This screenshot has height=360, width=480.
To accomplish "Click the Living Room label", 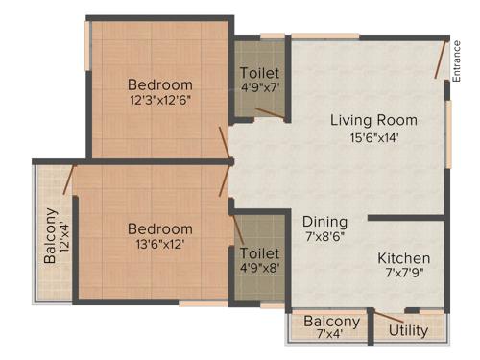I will click(x=373, y=120).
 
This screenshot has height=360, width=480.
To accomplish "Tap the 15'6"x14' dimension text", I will click(x=373, y=137).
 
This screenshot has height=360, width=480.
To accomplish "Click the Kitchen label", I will click(x=403, y=258).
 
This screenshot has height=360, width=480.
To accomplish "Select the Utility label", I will click(x=409, y=331).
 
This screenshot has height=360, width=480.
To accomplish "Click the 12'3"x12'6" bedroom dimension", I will click(x=160, y=100).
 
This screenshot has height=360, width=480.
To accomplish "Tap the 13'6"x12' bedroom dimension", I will click(x=160, y=245).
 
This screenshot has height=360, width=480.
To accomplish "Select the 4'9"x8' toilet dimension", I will click(x=259, y=271).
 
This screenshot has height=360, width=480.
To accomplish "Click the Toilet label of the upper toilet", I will click(x=259, y=73).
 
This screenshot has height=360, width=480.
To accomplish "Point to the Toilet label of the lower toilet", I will click(x=259, y=254).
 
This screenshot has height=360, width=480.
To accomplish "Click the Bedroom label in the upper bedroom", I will click(x=160, y=84).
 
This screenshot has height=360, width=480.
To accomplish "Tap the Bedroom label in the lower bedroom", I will click(x=160, y=229).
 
